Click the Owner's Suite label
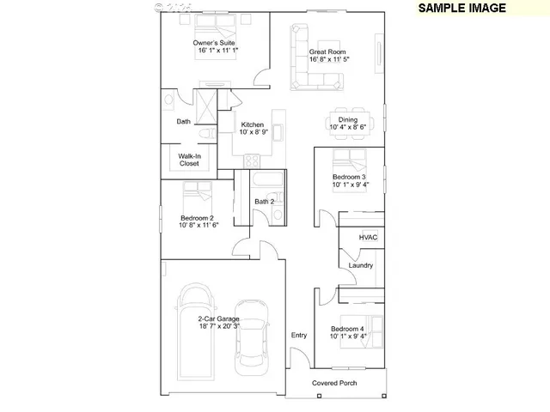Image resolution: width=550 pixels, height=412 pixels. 214,43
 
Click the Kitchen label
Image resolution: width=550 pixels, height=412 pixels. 252,124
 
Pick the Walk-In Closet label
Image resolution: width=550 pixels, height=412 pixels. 189,159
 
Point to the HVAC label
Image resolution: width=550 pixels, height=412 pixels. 369,237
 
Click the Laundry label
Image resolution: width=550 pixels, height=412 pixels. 361,265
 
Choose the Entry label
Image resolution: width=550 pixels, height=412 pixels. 299,335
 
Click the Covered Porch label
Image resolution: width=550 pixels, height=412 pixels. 334,383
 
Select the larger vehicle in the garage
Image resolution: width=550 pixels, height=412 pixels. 195,330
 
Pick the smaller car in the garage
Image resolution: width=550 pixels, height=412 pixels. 253,336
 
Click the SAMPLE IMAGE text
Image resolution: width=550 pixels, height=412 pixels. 462,8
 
